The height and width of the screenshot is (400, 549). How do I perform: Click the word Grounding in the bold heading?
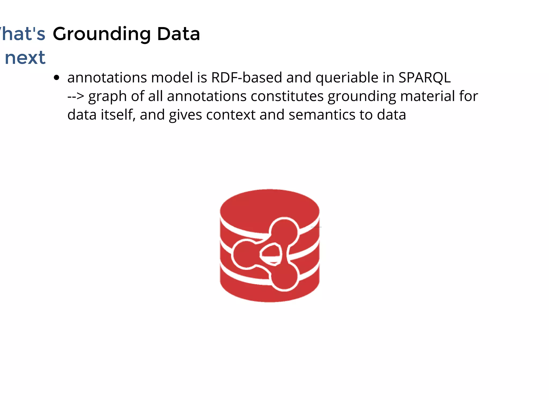[x=102, y=34]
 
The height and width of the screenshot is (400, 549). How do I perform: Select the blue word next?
[x=25, y=58]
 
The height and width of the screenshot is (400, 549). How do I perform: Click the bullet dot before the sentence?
[x=56, y=78]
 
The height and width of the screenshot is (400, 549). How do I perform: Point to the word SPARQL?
[x=424, y=78]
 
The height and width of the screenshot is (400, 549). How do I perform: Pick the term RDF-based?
[x=246, y=78]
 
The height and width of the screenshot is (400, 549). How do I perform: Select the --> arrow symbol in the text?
[x=76, y=96]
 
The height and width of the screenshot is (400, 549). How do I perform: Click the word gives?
[x=185, y=115]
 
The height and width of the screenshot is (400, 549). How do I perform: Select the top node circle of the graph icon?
[x=284, y=231]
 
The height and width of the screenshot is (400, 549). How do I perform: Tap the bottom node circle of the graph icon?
[x=284, y=277]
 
